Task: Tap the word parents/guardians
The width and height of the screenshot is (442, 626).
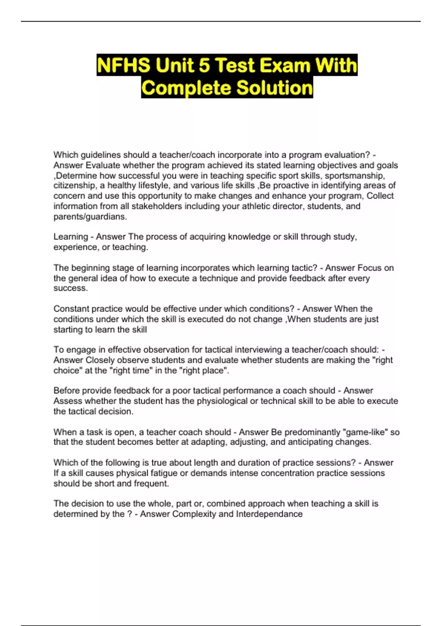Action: coord(90,217)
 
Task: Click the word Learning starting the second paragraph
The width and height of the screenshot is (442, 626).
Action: coord(71,237)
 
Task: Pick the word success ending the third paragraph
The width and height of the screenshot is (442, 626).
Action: coord(70,288)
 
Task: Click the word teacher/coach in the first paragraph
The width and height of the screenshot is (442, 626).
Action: coord(187,155)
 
